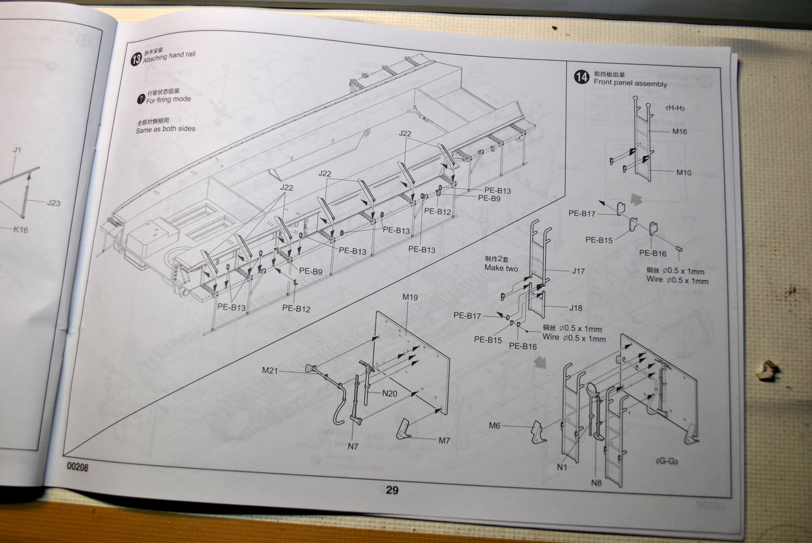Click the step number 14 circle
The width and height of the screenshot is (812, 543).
[581, 77]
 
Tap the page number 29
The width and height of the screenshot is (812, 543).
[392, 490]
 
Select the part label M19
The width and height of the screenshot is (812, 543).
[410, 297]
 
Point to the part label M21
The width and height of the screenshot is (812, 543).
[270, 370]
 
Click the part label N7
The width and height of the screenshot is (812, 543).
[353, 446]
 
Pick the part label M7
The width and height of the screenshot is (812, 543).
[444, 441]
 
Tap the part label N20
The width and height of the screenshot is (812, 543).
[390, 393]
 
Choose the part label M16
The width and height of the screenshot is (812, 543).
[679, 131]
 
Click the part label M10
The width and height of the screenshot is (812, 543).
[684, 173]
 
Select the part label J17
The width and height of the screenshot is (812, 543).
[578, 271]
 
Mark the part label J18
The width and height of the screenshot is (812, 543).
[575, 308]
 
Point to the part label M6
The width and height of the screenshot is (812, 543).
[495, 426]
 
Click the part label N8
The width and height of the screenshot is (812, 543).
[596, 482]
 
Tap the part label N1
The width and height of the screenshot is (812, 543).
[562, 467]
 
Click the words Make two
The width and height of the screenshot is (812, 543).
[501, 268]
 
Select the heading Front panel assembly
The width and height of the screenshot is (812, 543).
[630, 83]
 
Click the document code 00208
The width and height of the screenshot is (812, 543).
[77, 467]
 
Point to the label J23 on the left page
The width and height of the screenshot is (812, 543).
[54, 203]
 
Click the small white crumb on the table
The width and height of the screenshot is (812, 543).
[767, 370]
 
